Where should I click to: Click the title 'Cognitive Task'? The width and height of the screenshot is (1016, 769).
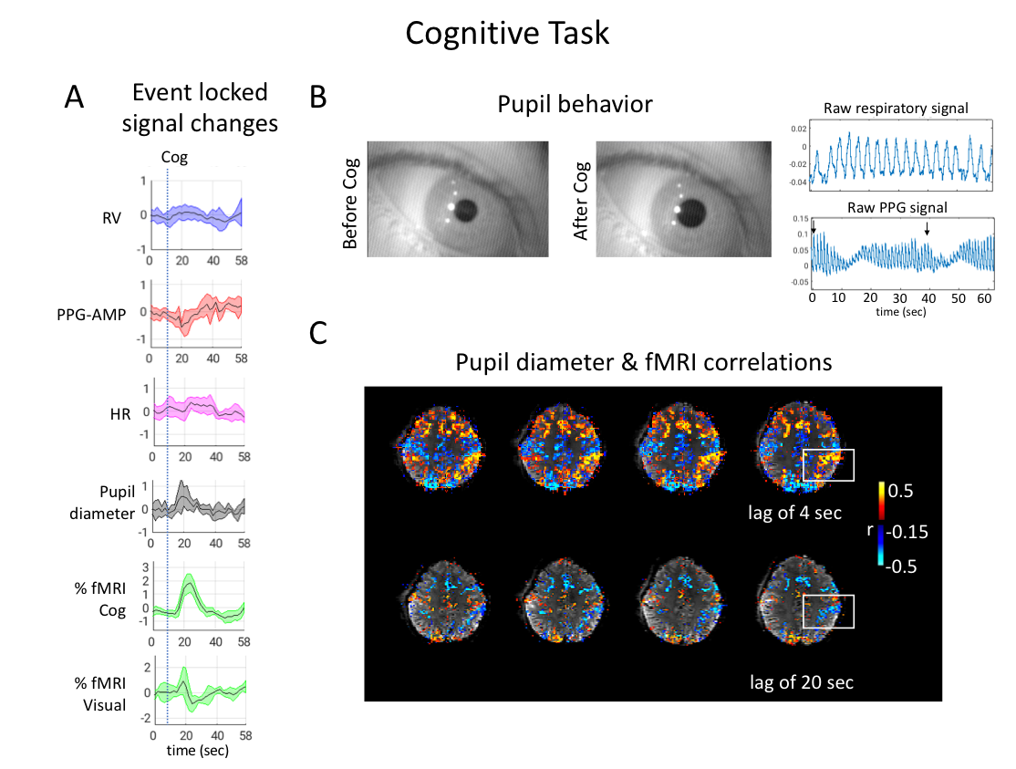507,34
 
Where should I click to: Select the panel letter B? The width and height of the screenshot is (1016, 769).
318,98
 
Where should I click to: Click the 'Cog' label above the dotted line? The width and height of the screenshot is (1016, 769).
174,157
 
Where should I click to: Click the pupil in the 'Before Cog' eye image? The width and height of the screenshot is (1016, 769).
466,211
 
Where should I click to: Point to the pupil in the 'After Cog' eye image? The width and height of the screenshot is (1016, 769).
693,213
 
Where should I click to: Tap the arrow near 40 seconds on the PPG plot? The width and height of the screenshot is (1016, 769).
928,227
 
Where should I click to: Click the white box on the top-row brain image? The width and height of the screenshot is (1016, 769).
828,464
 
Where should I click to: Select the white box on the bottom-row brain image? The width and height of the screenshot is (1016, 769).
828,611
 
